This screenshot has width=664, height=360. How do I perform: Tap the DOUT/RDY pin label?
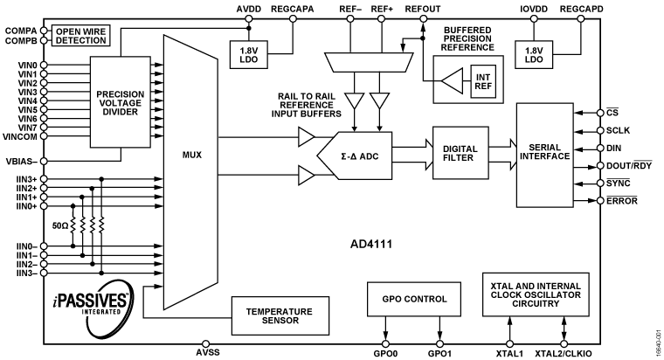coord(628,166)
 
